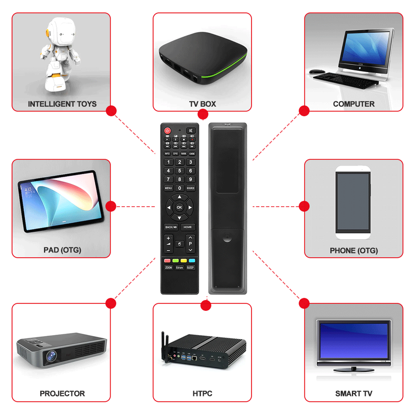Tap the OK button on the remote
pyautogui.click(x=179, y=207)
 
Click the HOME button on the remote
pyautogui.click(x=187, y=227)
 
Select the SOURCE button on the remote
pyautogui.click(x=190, y=188)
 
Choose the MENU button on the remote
pyautogui.click(x=168, y=188)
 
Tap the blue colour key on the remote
pyautogui.click(x=192, y=261)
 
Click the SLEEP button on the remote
pyautogui.click(x=190, y=268)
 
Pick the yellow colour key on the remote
pyautogui.click(x=183, y=261)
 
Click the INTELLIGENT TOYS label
pyautogui.click(x=62, y=104)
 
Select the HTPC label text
pyautogui.click(x=202, y=394)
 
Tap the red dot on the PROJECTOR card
pyautogui.click(x=111, y=303)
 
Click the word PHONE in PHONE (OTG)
pyautogui.click(x=343, y=251)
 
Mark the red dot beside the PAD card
pyautogui.click(x=111, y=206)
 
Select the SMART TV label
pyautogui.click(x=354, y=394)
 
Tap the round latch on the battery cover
pyautogui.click(x=227, y=237)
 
